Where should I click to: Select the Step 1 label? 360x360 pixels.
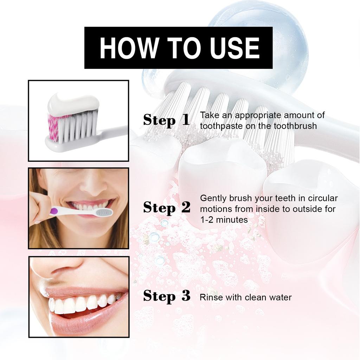point(166,120)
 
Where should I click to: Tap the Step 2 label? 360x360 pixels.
point(166,208)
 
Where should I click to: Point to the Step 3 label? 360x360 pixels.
point(166,296)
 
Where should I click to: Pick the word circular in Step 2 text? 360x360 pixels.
point(322,198)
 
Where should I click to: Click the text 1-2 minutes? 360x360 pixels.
point(224,220)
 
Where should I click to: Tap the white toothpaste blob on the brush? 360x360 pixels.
point(73,103)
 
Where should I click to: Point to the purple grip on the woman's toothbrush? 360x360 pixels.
point(54,211)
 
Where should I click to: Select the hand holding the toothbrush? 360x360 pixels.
point(39,207)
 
